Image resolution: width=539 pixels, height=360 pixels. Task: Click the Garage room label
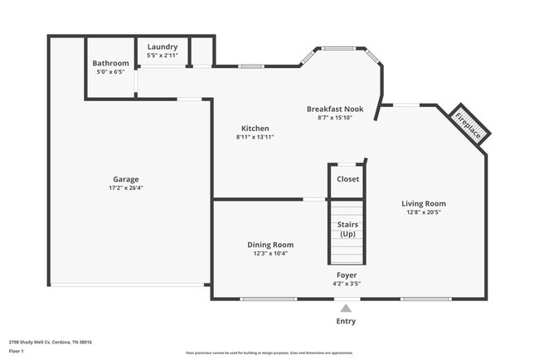[126, 179]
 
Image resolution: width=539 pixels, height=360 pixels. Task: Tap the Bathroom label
[110, 63]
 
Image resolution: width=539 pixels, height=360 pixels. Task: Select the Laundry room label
[163, 46]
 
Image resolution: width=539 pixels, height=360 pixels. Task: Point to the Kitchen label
[255, 129]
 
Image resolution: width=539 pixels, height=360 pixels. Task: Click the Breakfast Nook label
[335, 109]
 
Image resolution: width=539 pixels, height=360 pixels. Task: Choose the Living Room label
[424, 203]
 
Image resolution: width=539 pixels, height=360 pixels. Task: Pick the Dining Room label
[270, 245]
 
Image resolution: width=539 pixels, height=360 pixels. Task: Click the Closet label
[347, 179]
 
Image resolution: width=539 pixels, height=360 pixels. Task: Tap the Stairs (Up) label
[347, 230]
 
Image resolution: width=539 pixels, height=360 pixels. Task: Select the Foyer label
[347, 275]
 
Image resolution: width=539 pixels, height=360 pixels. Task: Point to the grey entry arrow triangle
[346, 309]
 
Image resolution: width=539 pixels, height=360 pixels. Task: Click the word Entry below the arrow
[346, 321]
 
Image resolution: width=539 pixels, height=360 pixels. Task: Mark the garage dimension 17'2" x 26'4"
[126, 188]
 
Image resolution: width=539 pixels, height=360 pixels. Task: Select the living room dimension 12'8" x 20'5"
[424, 212]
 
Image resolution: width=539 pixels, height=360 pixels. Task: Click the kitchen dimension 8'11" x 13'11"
[255, 138]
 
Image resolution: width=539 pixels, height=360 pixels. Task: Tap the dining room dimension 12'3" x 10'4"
[270, 254]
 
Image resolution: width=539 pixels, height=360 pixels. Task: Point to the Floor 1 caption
[17, 352]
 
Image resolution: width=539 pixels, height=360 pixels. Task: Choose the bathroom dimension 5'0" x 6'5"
[110, 72]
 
